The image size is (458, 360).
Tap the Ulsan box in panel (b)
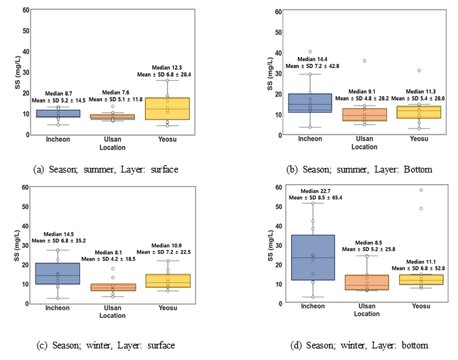coord(364,115)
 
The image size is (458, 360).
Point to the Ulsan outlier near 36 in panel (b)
coord(364,61)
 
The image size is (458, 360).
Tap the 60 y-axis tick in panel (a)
coord(25,10)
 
